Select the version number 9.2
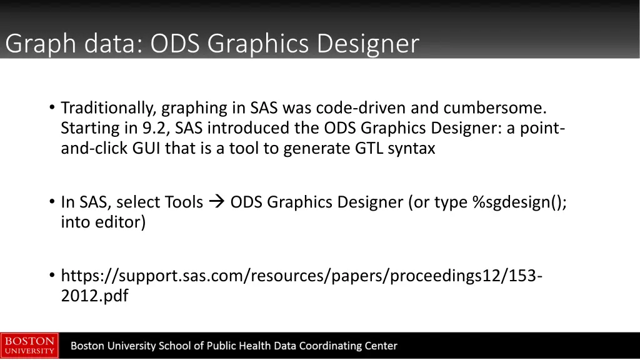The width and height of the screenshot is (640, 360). click(x=154, y=128)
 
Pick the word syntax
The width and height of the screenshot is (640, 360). click(x=411, y=148)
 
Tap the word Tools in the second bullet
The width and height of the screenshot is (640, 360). click(x=184, y=202)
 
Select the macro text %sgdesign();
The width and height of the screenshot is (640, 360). click(x=520, y=202)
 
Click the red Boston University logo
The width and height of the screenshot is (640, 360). click(x=29, y=346)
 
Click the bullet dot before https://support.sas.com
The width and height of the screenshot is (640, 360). click(x=51, y=276)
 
